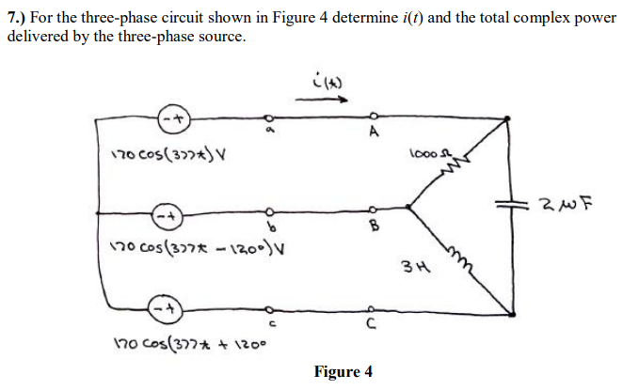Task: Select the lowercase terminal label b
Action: tap(267, 228)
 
